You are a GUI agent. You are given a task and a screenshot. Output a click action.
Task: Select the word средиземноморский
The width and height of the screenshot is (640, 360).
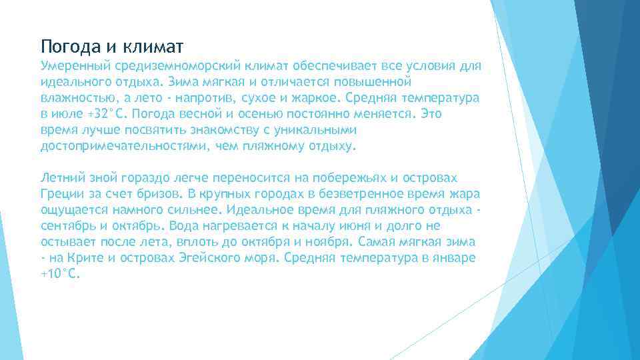tap(179, 67)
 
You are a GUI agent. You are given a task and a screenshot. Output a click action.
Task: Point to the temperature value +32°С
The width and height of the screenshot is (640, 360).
tap(107, 114)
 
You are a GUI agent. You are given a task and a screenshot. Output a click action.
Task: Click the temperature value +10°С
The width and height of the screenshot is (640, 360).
tap(61, 273)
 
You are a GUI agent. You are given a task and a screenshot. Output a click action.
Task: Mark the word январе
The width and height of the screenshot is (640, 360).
tap(455, 257)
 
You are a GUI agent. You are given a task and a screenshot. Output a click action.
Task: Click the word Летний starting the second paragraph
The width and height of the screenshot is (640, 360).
tap(62, 178)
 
